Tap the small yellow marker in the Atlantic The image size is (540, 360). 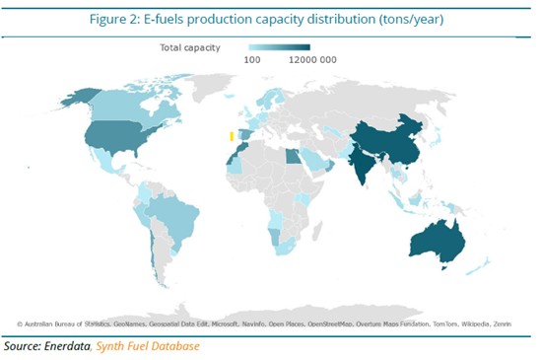point(232,137)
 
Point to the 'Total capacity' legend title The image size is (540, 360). point(191,46)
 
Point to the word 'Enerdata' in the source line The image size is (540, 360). point(71,346)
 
